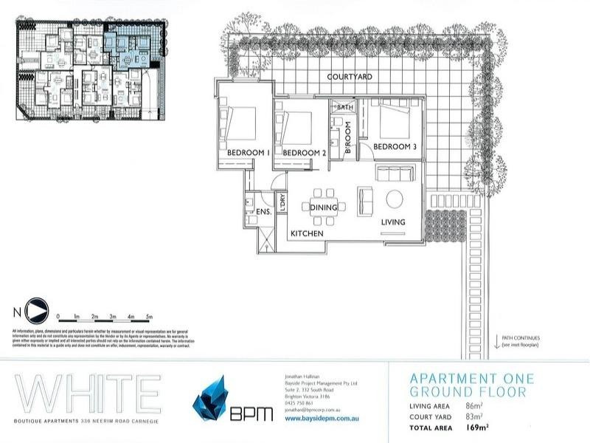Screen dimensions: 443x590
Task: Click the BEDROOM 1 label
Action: (247, 153)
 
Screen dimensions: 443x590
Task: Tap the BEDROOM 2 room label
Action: (304, 153)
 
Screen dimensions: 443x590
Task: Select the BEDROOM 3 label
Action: (395, 147)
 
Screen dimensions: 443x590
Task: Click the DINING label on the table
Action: (324, 208)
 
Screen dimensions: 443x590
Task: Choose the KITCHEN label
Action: (307, 233)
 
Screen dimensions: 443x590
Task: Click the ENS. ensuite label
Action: (264, 212)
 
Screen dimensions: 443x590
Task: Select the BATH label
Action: (347, 108)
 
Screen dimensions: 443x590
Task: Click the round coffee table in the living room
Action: (394, 199)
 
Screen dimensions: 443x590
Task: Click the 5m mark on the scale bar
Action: (150, 316)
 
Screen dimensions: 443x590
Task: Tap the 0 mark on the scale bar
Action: (58, 316)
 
